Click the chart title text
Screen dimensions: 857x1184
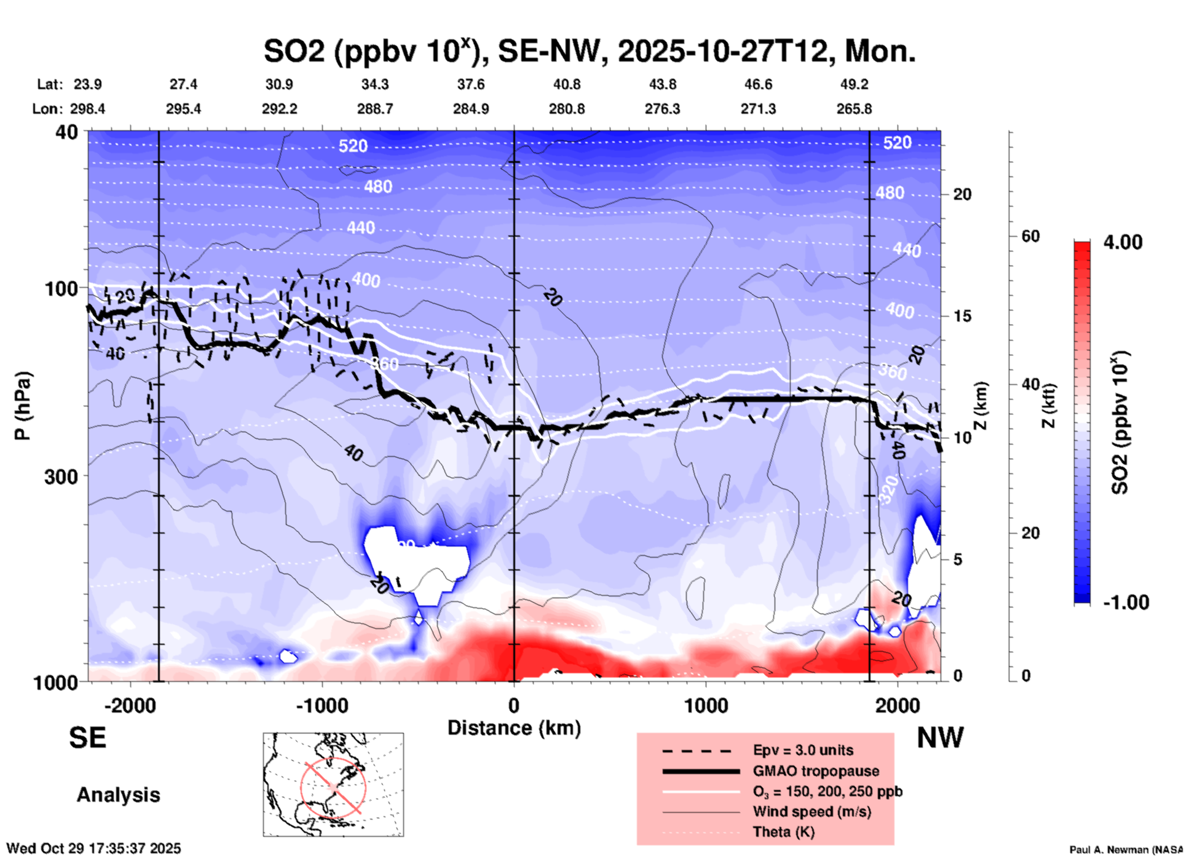click(x=589, y=51)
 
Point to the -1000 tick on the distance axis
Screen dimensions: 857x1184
click(x=322, y=706)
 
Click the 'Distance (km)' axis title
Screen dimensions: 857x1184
click(x=514, y=728)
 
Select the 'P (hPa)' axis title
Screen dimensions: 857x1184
click(x=22, y=406)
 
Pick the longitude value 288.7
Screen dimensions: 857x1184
click(x=374, y=109)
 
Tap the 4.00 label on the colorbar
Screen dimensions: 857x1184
click(x=1123, y=242)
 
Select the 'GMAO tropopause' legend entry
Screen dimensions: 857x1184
click(x=816, y=771)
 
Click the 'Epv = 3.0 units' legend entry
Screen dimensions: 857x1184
click(x=802, y=750)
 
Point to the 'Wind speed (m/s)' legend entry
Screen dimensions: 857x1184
click(x=811, y=812)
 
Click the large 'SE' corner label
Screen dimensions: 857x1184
click(x=87, y=738)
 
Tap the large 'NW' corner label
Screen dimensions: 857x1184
click(x=939, y=738)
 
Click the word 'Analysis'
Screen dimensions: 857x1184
click(x=118, y=795)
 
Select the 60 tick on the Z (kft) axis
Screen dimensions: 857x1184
click(x=1030, y=236)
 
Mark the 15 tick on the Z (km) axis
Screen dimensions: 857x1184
click(x=961, y=316)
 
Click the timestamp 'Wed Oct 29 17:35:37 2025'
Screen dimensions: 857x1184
click(x=93, y=848)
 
